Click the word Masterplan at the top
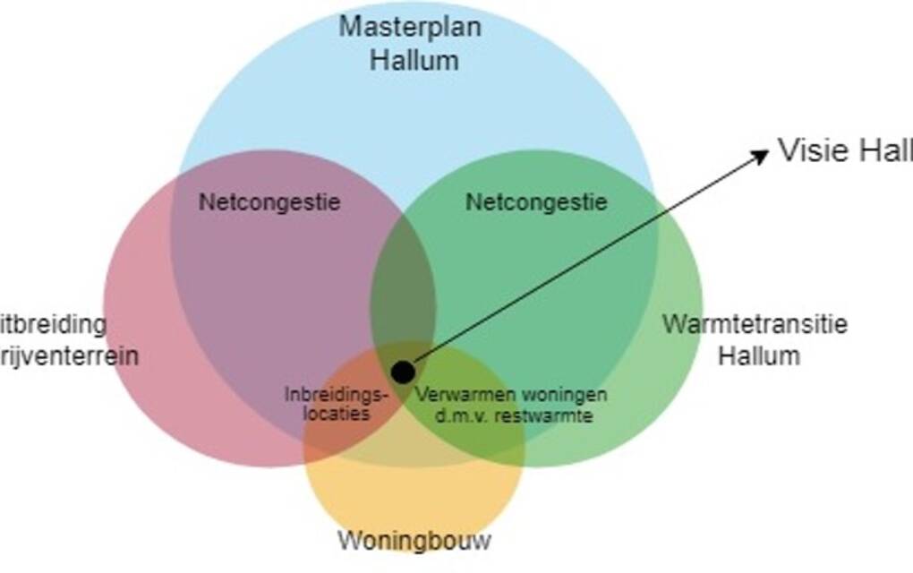coord(409,27)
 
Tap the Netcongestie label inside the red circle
coord(269,202)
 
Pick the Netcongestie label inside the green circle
coord(536,202)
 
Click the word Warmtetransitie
coord(755,323)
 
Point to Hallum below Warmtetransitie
coord(759,355)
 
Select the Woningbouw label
coord(414,541)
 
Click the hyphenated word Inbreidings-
coord(339,395)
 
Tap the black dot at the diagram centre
coord(403,371)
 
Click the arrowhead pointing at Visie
coord(761,154)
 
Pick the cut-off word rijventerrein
coord(68,356)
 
